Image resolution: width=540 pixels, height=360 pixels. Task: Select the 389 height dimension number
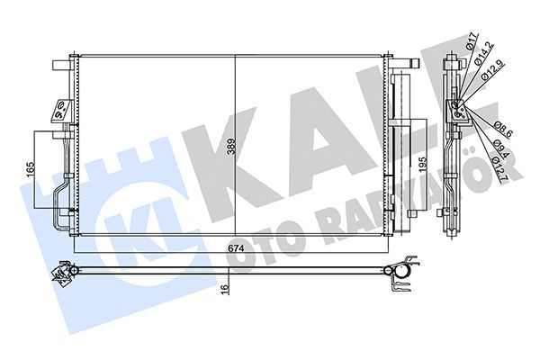(x=231, y=148)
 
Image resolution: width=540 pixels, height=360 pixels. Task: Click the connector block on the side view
(x=457, y=113)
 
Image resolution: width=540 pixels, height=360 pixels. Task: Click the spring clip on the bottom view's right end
(x=403, y=269)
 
